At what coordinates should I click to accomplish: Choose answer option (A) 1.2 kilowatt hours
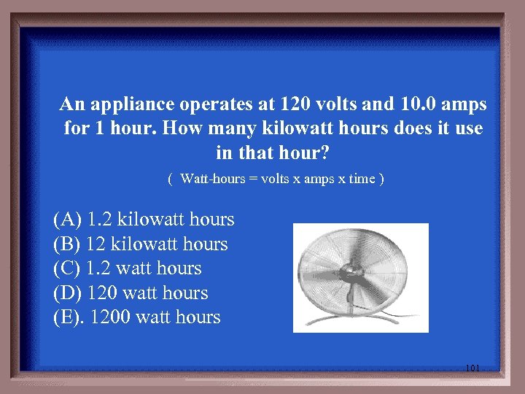pos(144,219)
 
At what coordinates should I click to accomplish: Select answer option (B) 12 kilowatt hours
pos(140,244)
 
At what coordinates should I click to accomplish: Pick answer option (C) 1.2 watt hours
pos(127,268)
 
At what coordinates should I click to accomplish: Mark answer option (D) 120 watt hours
pos(131,293)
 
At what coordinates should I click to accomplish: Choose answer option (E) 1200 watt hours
pos(136,317)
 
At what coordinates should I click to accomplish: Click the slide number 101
pos(472,368)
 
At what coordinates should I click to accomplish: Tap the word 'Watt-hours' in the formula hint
pos(212,179)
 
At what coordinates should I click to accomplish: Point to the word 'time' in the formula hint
pos(362,179)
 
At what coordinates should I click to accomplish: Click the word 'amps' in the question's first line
pos(464,104)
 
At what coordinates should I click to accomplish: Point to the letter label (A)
pos(67,219)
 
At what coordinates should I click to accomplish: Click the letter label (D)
pos(68,293)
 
